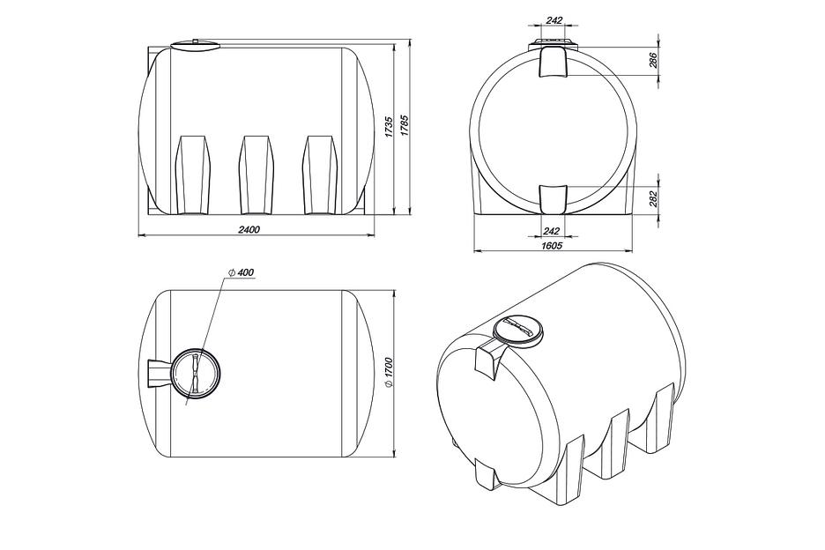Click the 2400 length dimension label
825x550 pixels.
coord(249,229)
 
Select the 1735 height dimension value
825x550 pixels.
coord(389,128)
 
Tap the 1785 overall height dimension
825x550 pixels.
coord(404,126)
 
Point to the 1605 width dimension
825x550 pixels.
coord(552,246)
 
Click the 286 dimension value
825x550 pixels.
coord(653,61)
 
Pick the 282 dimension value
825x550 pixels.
coord(653,199)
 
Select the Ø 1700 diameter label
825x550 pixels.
coord(389,373)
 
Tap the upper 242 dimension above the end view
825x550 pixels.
coord(554,20)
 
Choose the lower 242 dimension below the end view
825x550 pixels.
coord(551,231)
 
